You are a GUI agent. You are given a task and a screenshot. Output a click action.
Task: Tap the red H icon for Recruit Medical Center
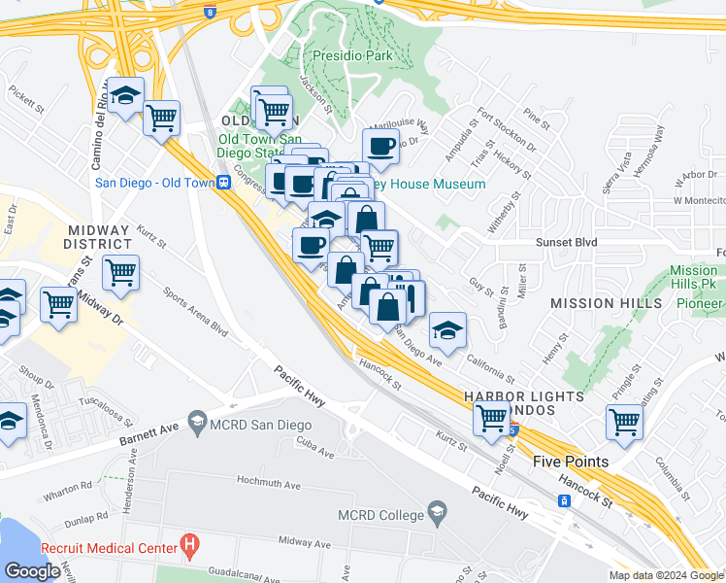(x=191, y=547)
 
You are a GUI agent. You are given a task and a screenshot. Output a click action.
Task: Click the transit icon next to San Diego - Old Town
(x=224, y=181)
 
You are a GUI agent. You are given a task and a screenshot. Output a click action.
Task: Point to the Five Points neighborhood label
(x=571, y=462)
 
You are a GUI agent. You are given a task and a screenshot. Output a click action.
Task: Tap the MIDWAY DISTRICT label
(x=98, y=236)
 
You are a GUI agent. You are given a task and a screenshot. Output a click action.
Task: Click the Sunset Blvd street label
(x=564, y=244)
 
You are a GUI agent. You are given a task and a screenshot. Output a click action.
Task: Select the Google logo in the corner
(x=32, y=571)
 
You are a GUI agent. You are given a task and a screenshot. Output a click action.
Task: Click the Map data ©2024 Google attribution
(x=665, y=575)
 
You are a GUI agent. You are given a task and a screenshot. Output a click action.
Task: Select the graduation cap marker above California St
(x=447, y=331)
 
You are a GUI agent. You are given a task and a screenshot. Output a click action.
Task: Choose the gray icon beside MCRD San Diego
(x=198, y=423)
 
